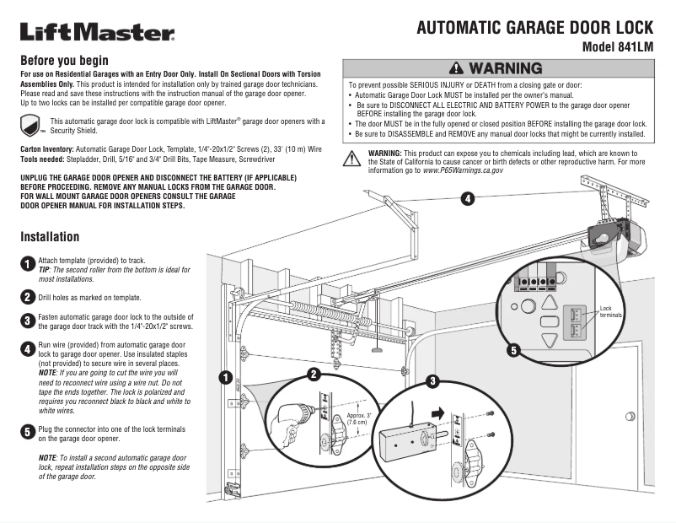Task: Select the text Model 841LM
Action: (618, 47)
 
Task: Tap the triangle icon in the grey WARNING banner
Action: (456, 68)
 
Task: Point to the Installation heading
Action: (50, 236)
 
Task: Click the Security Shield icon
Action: (31, 127)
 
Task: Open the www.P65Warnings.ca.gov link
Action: (462, 170)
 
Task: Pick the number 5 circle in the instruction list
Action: (27, 431)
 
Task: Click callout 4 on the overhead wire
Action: (467, 199)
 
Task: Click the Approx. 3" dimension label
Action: (359, 417)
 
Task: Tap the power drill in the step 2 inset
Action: (291, 413)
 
